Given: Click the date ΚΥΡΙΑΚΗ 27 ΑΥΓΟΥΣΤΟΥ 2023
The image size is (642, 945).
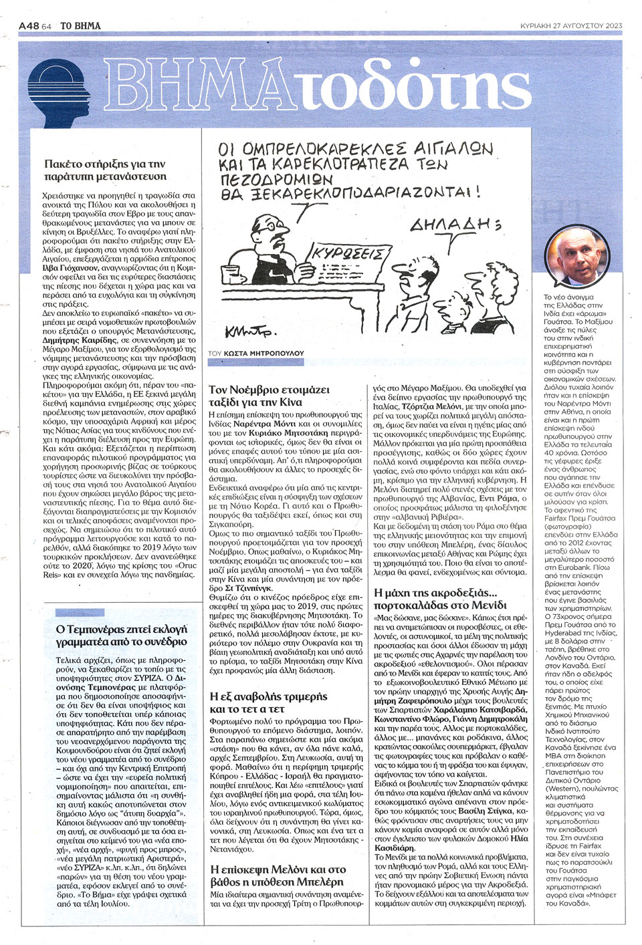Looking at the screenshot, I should click(571, 25).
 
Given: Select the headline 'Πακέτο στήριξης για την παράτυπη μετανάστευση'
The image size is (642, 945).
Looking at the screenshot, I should click(104, 170).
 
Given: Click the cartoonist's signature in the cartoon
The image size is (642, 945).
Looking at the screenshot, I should click(257, 329).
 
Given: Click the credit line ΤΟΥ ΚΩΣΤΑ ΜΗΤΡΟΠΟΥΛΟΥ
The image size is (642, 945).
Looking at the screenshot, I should click(255, 352).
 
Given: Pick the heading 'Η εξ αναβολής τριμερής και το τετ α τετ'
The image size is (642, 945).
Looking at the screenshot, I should click(268, 702).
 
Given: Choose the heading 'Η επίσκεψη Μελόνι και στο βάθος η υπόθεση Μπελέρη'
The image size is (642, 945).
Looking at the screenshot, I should click(278, 875).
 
